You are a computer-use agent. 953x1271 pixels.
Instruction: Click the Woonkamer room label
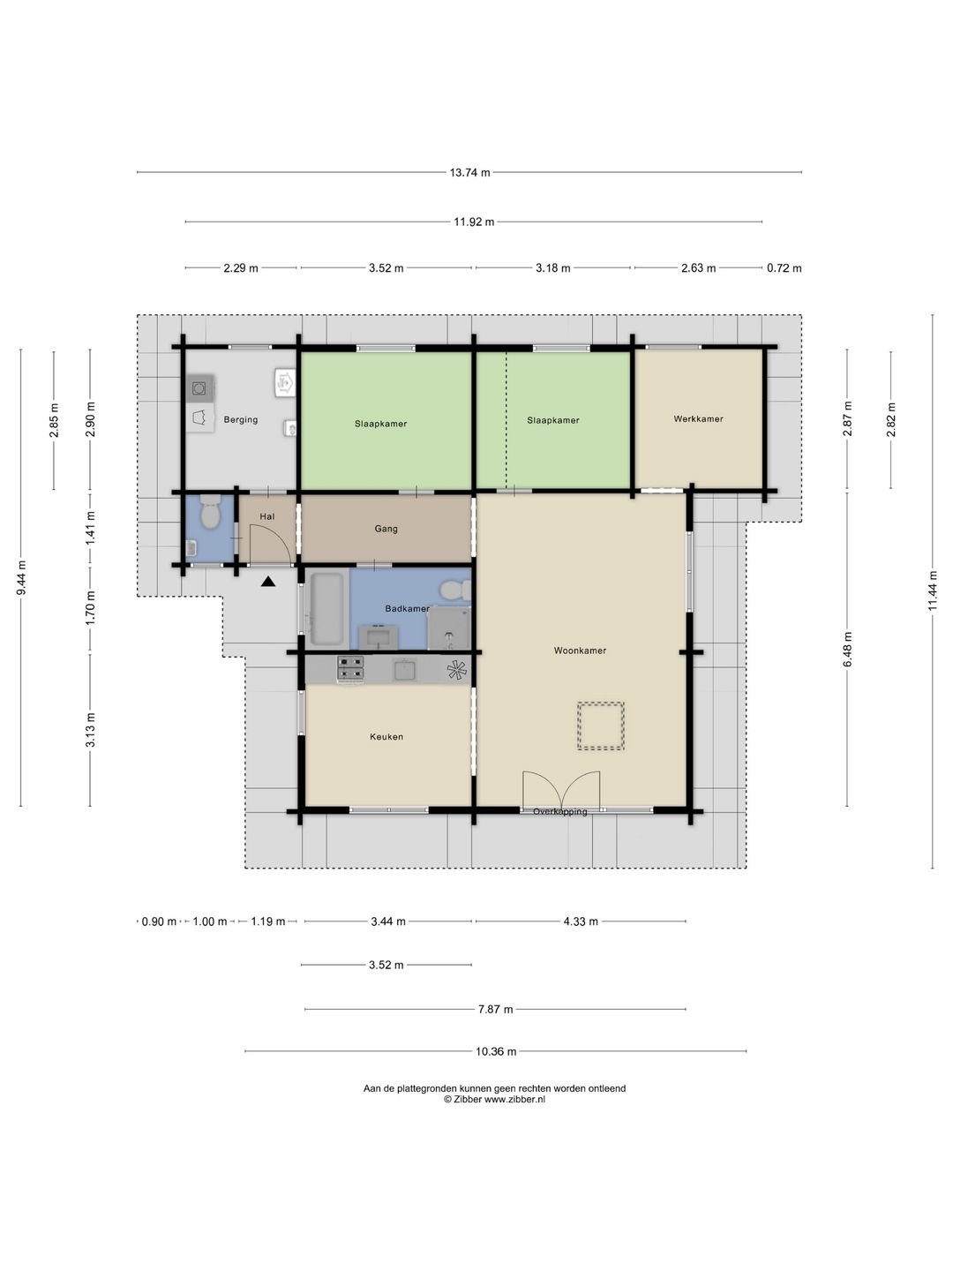[x=580, y=651]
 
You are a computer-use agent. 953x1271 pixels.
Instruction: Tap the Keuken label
[x=386, y=736]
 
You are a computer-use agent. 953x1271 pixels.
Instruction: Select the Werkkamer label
[x=698, y=418]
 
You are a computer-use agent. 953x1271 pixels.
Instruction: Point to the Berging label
[x=241, y=420]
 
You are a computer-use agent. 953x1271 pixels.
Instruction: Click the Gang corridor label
[x=386, y=529]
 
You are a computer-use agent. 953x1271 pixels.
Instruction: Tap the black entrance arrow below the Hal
[x=268, y=582]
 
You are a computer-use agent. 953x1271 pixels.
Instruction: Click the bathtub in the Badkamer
[x=326, y=608]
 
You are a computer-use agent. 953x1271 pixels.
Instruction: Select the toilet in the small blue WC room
[x=209, y=511]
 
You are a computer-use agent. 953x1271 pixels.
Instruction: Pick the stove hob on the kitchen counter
[x=350, y=669]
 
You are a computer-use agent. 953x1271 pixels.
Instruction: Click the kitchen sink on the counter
[x=404, y=669]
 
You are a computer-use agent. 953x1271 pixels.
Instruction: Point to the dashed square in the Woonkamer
[x=601, y=726]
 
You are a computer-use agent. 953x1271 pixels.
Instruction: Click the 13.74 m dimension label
[x=469, y=172]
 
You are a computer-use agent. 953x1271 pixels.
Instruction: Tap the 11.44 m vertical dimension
[x=933, y=590]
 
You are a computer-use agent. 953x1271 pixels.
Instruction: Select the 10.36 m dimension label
[x=496, y=1051]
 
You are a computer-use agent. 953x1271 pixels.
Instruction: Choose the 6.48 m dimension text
[x=848, y=649]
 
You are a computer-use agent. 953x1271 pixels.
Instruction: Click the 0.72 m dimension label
[x=784, y=268]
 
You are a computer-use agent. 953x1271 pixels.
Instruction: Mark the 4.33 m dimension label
[x=581, y=921]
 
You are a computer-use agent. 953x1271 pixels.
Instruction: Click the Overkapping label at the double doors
[x=560, y=812]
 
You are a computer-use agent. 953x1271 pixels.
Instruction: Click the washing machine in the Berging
[x=199, y=388]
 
